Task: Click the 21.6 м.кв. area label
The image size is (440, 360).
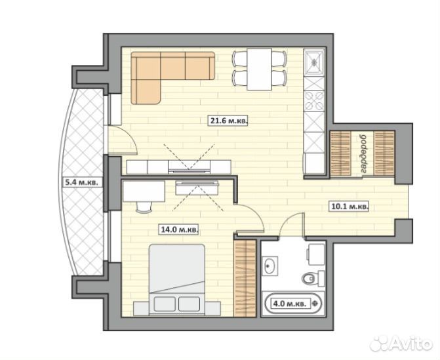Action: (x=228, y=121)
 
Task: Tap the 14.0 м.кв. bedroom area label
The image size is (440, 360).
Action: (x=179, y=230)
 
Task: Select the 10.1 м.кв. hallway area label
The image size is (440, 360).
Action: (x=350, y=207)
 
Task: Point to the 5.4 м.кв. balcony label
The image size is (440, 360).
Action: (x=82, y=183)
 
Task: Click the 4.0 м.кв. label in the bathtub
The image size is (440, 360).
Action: (x=290, y=304)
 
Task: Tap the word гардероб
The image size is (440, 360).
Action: (x=363, y=154)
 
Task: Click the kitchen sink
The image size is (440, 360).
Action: (x=314, y=62)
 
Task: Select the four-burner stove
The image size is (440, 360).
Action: (x=314, y=101)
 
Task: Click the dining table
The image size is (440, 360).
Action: (x=259, y=70)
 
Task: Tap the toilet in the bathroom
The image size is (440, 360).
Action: (x=313, y=278)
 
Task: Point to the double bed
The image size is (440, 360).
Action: (x=177, y=280)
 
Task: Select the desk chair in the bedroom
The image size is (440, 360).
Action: (x=144, y=207)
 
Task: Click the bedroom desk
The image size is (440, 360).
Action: (x=144, y=191)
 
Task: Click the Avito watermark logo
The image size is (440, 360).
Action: (x=401, y=343)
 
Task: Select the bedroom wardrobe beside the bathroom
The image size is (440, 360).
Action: (x=245, y=278)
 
